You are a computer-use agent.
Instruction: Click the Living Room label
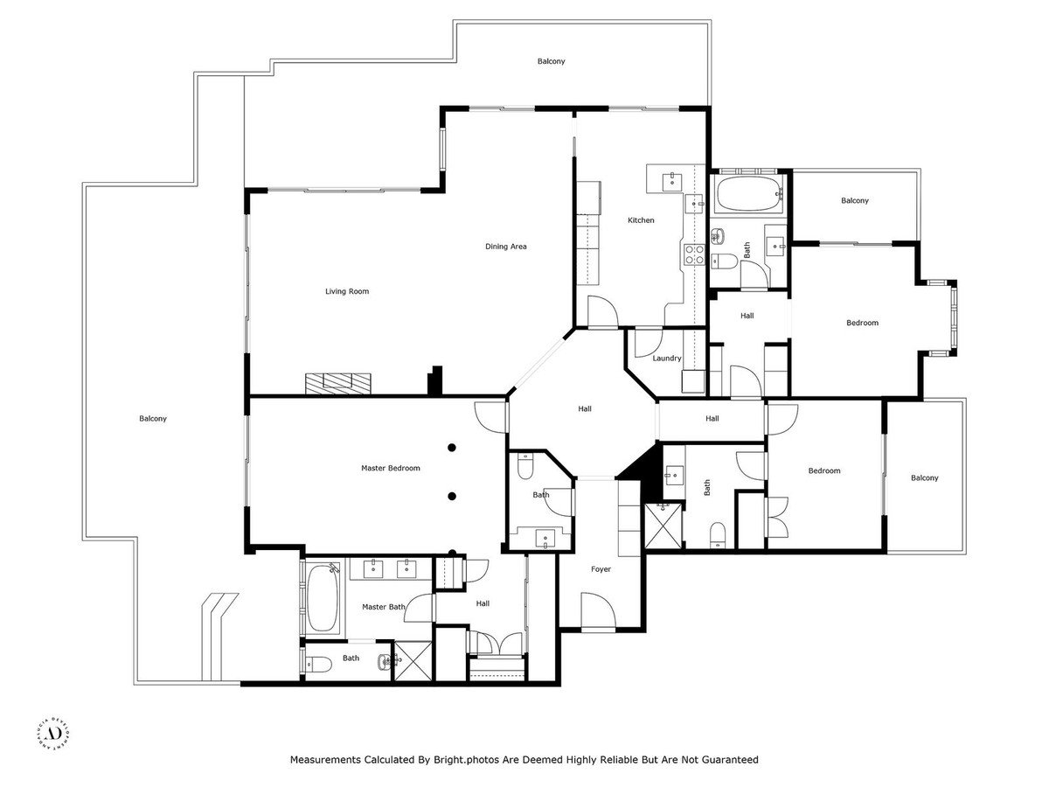(347, 291)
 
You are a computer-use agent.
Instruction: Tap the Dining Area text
(506, 247)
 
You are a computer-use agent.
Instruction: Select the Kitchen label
(641, 220)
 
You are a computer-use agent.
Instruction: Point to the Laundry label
(667, 359)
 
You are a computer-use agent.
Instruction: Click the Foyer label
(601, 569)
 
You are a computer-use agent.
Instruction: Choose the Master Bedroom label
(391, 468)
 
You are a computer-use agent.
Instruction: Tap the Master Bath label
(384, 607)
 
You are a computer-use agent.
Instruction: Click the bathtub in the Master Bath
(324, 598)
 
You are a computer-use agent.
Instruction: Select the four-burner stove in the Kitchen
(694, 254)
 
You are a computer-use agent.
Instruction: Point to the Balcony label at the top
(551, 61)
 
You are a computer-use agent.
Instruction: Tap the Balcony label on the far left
(153, 419)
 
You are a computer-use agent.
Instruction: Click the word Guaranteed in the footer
(726, 760)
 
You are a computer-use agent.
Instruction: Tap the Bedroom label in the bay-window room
(862, 323)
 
